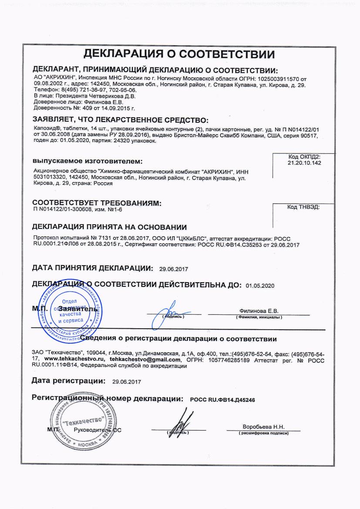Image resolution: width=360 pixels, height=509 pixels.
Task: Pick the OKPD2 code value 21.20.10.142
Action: tap(304, 162)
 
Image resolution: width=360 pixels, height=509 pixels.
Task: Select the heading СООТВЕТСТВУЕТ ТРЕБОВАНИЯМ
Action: tap(97, 203)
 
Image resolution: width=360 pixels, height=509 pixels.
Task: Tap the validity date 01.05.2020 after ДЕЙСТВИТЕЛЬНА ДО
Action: tap(260, 286)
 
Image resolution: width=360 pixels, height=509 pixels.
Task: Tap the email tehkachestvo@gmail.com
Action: tap(145, 360)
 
